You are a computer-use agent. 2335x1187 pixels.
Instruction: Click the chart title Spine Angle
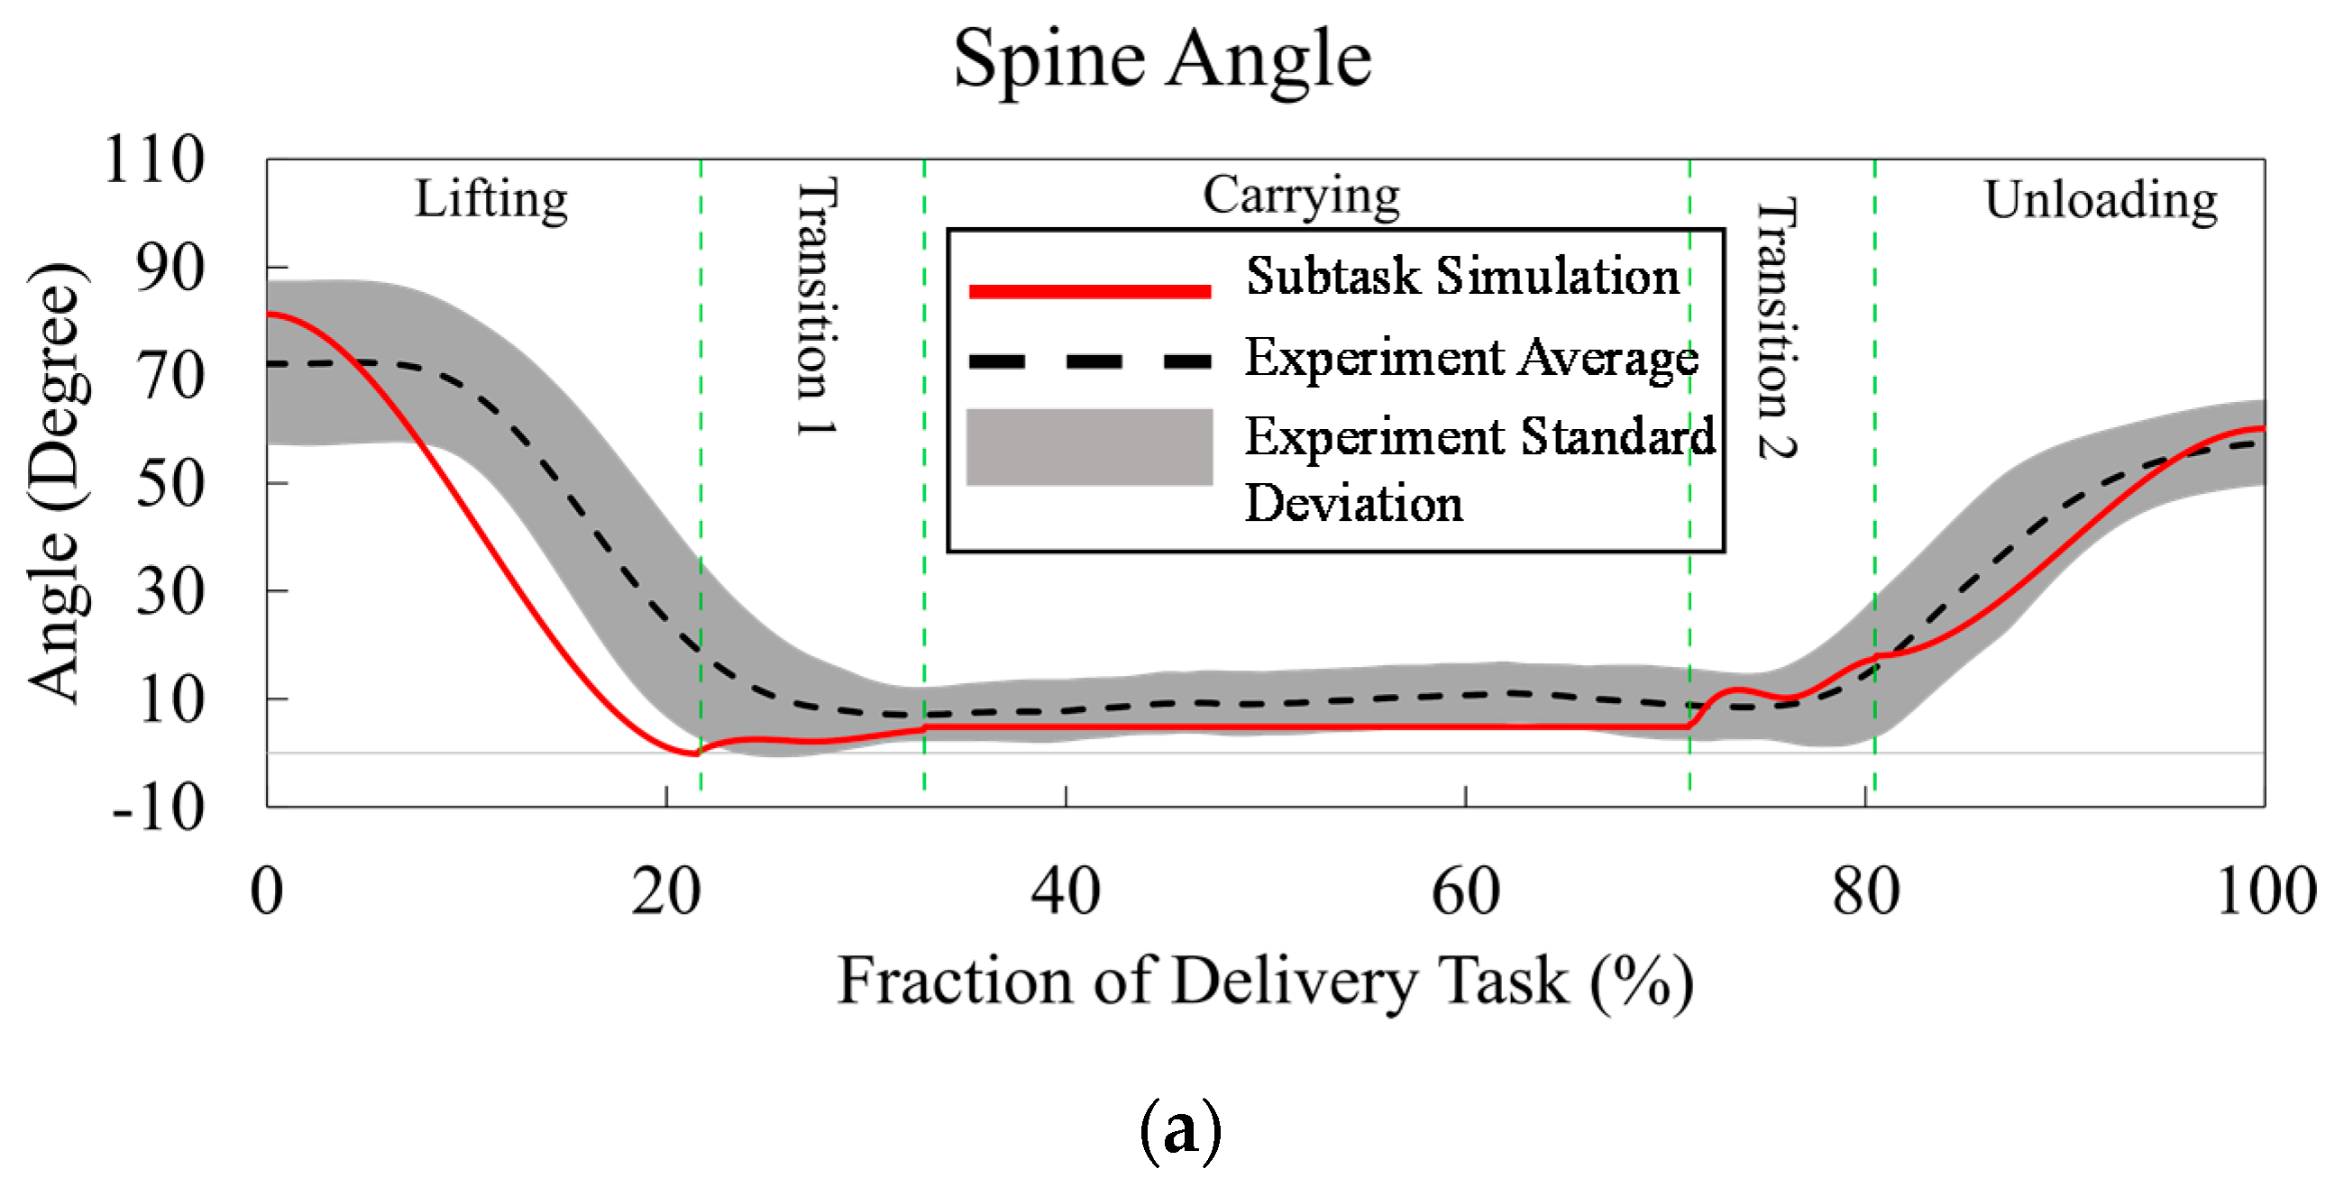point(1162,59)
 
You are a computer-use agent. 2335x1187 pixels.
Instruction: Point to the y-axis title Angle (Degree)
point(56,482)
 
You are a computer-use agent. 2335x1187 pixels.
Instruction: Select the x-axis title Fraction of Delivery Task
point(1265,982)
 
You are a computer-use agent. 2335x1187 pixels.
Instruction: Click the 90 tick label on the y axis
point(169,269)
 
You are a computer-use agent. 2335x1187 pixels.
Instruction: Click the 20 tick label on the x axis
point(666,891)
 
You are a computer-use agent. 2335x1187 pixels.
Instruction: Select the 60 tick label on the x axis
point(1465,891)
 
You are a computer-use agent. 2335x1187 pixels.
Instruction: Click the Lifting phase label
point(491,198)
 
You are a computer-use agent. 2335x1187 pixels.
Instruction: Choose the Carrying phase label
point(1301,195)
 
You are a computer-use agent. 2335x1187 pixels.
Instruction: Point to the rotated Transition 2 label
point(1778,328)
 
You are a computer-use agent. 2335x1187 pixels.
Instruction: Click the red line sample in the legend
point(1090,291)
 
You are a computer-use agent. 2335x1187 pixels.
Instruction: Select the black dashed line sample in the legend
point(1090,361)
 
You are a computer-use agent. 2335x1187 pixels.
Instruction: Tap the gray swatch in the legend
point(1090,447)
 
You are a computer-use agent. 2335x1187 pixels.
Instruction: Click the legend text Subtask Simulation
point(1462,276)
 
